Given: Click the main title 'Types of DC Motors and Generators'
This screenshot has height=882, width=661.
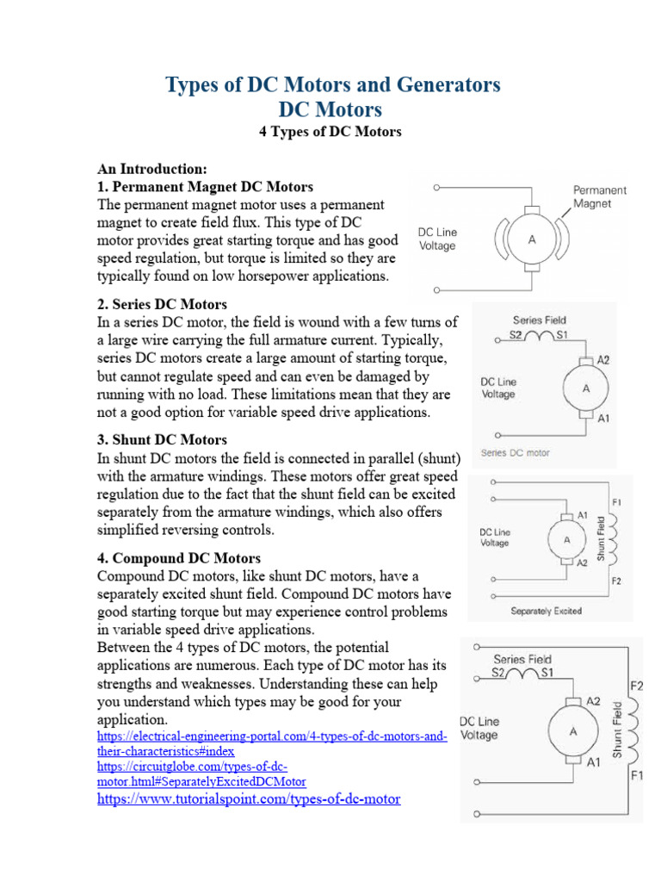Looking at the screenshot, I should (x=331, y=84).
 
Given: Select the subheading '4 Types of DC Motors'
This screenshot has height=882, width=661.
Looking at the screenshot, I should (x=330, y=132).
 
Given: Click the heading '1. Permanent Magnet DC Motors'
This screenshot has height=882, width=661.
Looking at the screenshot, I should (x=205, y=187).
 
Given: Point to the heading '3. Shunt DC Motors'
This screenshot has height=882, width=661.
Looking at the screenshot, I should (x=162, y=440).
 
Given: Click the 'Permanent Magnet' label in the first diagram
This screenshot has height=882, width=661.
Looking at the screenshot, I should (x=600, y=196).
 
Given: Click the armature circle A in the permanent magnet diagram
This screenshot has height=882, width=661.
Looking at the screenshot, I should (x=532, y=240).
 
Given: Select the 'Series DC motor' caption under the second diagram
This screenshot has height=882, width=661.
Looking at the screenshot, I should (x=515, y=452).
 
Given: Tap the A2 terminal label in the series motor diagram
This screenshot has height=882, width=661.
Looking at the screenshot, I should (x=602, y=360).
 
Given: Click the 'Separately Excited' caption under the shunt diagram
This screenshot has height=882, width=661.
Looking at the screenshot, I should (x=546, y=611).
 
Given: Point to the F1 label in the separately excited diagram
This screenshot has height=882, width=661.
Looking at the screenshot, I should (x=616, y=501).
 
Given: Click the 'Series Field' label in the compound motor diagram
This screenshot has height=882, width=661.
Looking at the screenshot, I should (x=522, y=659).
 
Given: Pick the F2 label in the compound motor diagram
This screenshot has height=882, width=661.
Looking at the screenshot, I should (x=637, y=686).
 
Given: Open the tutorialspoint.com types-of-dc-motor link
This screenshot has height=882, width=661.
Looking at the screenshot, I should (x=249, y=799).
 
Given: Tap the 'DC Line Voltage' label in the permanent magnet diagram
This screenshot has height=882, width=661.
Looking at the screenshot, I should (x=438, y=239).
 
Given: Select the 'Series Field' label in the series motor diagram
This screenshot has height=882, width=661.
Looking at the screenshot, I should (x=539, y=320).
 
